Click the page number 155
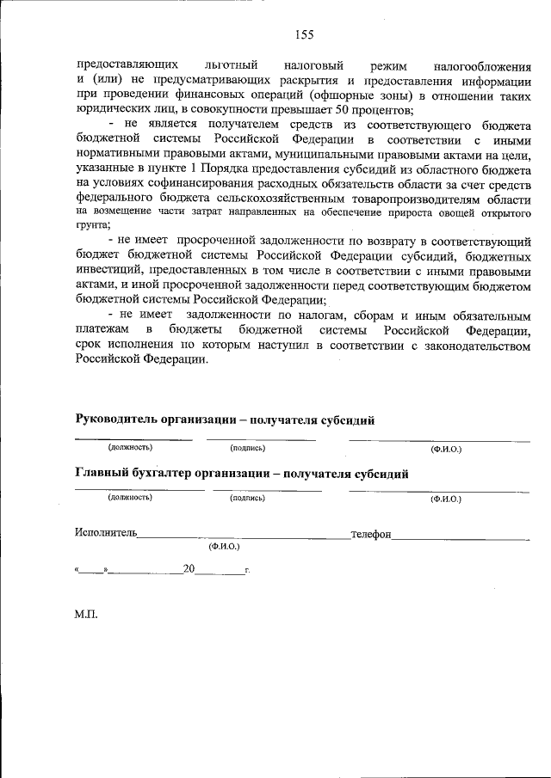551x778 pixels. (304, 34)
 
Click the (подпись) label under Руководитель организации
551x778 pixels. (248, 448)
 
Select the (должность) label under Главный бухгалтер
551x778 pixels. (130, 497)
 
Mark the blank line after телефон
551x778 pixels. (461, 537)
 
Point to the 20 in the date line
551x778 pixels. (189, 568)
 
